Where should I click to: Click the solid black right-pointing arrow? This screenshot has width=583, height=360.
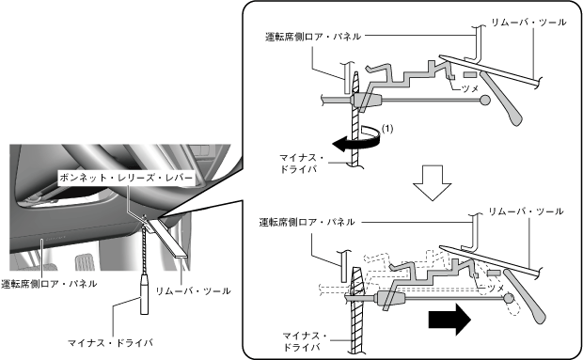[x=449, y=320]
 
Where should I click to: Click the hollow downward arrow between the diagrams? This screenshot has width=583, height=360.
[x=433, y=182]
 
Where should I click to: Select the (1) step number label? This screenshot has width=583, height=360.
[x=387, y=129]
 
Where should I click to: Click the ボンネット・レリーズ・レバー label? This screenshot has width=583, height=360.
[x=126, y=178]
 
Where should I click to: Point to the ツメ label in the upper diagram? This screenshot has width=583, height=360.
[x=469, y=88]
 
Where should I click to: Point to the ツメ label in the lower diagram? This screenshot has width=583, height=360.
[x=496, y=288]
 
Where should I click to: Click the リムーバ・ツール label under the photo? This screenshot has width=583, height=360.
[x=193, y=290]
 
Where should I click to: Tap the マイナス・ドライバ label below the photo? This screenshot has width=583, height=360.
[x=110, y=342]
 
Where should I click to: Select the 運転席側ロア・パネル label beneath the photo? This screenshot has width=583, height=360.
[x=49, y=284]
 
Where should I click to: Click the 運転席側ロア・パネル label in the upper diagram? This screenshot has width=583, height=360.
[x=313, y=37]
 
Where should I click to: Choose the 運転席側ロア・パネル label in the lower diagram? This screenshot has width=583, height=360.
[x=307, y=222]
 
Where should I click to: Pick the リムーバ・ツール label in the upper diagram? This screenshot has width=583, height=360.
[x=528, y=23]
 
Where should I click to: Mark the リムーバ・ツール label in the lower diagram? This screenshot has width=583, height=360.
[x=526, y=211]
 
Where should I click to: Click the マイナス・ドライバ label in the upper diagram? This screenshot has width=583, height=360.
[x=302, y=164]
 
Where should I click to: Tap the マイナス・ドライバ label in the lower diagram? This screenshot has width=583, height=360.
[x=305, y=341]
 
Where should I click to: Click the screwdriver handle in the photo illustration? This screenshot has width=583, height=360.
[x=144, y=294]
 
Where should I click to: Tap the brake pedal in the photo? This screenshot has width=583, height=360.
[x=85, y=262]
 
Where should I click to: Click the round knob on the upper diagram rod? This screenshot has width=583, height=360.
[x=485, y=100]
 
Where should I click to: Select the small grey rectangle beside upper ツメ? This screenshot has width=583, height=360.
[x=469, y=74]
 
